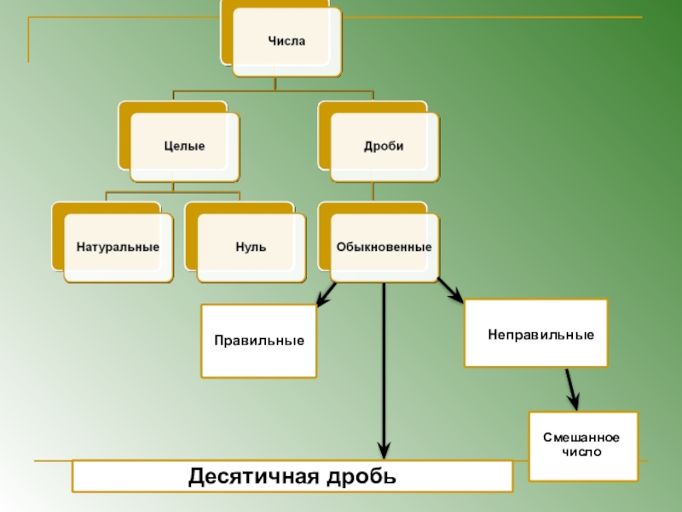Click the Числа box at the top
[286, 41]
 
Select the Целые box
[184, 146]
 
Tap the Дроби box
[384, 146]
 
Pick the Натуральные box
[118, 247]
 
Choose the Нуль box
[251, 247]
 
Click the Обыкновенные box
[384, 247]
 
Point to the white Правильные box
[258, 340]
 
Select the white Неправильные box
[535, 333]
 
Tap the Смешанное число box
[583, 445]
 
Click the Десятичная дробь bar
[292, 475]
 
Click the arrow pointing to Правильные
[325, 295]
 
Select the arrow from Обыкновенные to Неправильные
[449, 290]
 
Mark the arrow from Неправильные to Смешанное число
[571, 388]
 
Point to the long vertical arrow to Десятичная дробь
[384, 367]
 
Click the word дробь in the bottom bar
[362, 475]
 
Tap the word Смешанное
[583, 438]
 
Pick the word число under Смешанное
[583, 451]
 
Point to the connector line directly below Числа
[275, 83]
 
